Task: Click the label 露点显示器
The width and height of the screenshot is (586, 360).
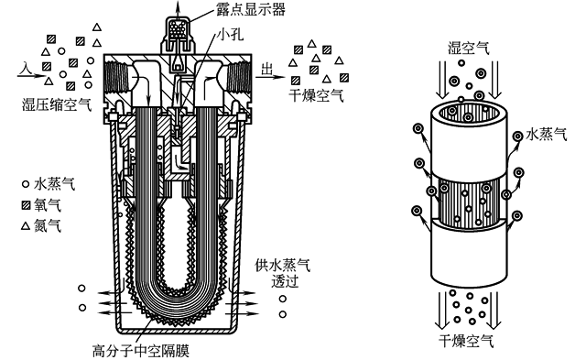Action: click(x=251, y=9)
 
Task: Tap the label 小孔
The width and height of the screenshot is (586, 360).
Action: click(x=231, y=34)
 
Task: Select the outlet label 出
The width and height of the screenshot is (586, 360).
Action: click(x=266, y=70)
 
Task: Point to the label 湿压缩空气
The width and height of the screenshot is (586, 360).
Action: click(x=57, y=104)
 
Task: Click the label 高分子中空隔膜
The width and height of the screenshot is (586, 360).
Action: click(x=141, y=351)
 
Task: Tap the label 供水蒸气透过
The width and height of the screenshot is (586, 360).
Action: click(x=283, y=273)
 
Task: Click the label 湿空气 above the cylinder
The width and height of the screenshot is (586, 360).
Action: click(x=469, y=49)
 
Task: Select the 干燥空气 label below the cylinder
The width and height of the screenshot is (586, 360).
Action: click(x=466, y=341)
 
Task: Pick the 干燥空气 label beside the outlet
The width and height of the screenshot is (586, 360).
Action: click(x=316, y=95)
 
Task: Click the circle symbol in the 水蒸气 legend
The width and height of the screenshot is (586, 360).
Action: click(x=26, y=184)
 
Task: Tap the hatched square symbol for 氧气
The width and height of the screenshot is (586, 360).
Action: click(x=26, y=205)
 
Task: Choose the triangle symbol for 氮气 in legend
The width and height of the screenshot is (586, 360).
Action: click(x=26, y=225)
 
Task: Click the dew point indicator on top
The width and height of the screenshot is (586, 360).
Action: click(x=179, y=39)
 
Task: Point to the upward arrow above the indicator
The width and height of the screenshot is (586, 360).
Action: click(x=178, y=8)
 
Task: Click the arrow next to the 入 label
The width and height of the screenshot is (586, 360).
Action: click(x=30, y=76)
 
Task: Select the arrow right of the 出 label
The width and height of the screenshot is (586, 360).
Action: click(x=270, y=77)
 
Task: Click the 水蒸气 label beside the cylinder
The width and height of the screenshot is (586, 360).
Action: click(x=547, y=135)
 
